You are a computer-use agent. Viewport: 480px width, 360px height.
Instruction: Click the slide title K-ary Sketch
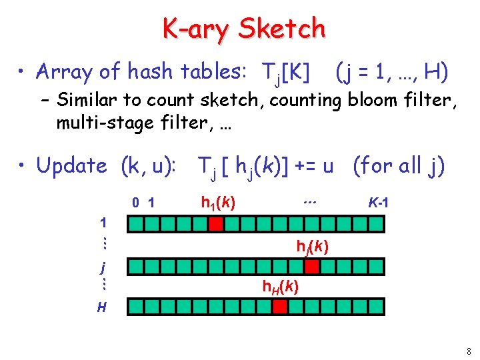coord(244,29)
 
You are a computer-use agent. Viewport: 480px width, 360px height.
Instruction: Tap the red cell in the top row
coord(215,225)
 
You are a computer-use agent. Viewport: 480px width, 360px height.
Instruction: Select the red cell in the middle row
coord(311,267)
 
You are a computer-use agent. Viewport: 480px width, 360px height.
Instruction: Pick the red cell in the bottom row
coord(280,307)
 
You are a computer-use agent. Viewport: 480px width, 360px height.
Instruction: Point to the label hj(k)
coord(312,247)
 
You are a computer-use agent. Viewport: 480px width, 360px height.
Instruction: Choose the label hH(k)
coord(280,287)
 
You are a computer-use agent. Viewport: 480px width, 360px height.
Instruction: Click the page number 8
coord(469,351)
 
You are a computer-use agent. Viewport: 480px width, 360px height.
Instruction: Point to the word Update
coord(71,165)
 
